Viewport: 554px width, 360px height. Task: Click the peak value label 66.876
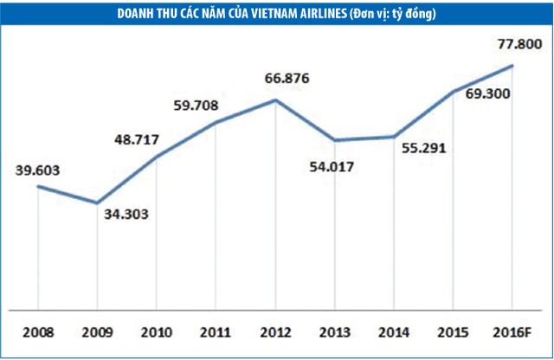281,80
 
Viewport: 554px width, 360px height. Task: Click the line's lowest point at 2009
97,202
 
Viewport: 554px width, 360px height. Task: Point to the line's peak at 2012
275,100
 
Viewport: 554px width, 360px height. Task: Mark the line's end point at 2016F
513,65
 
